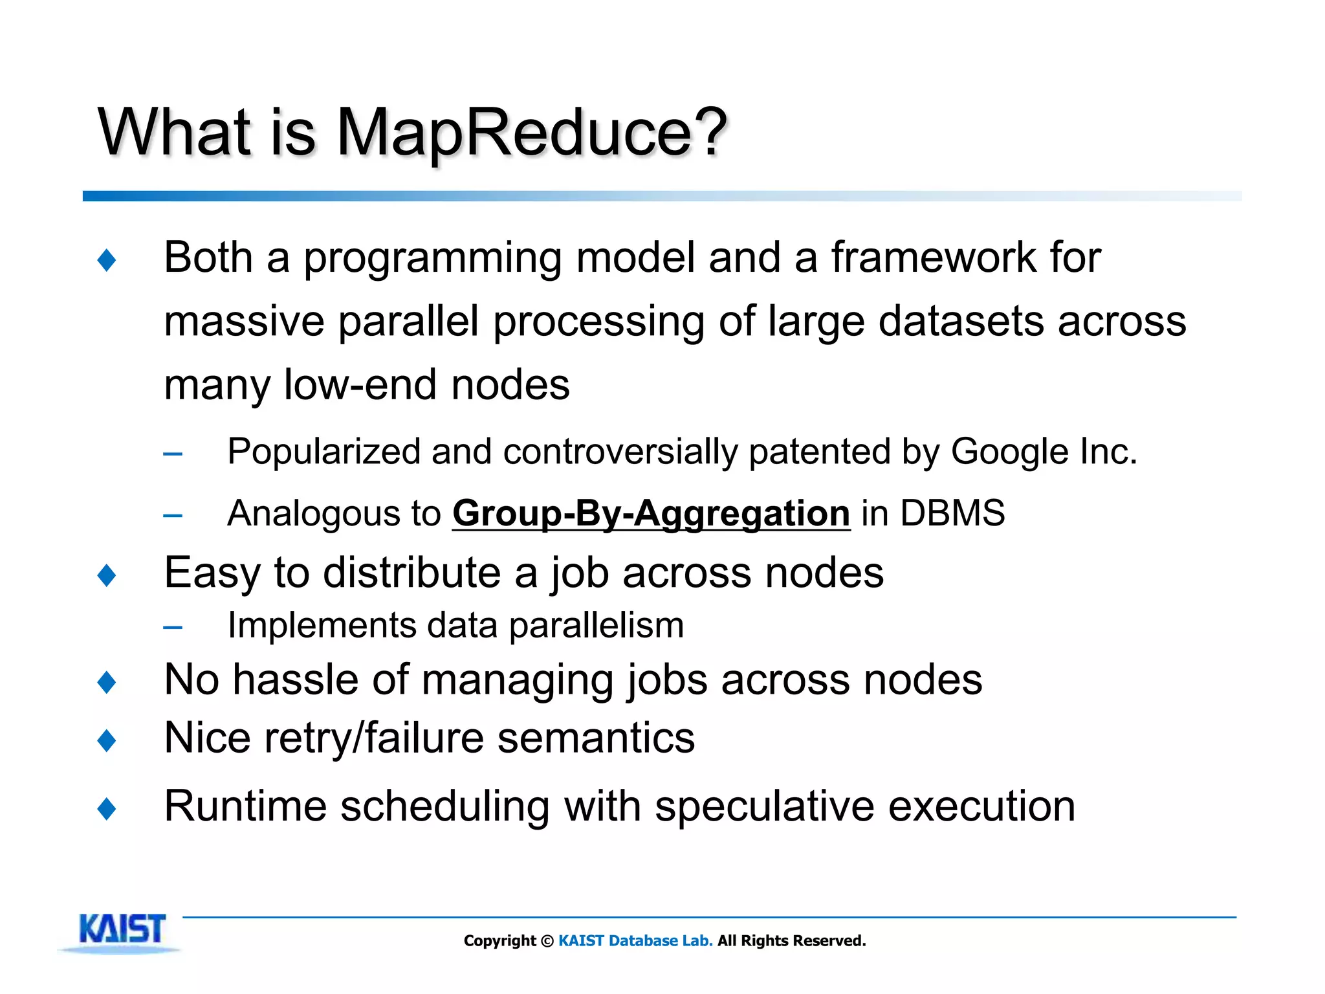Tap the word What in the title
coord(174,133)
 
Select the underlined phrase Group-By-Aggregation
coord(651,514)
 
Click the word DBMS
coord(952,513)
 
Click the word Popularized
coord(323,452)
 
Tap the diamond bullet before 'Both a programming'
coord(107,260)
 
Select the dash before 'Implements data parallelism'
coord(173,627)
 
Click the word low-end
coord(360,384)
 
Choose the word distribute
coord(412,573)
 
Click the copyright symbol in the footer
coord(547,941)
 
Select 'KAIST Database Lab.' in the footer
coord(635,941)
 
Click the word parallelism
coord(596,626)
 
